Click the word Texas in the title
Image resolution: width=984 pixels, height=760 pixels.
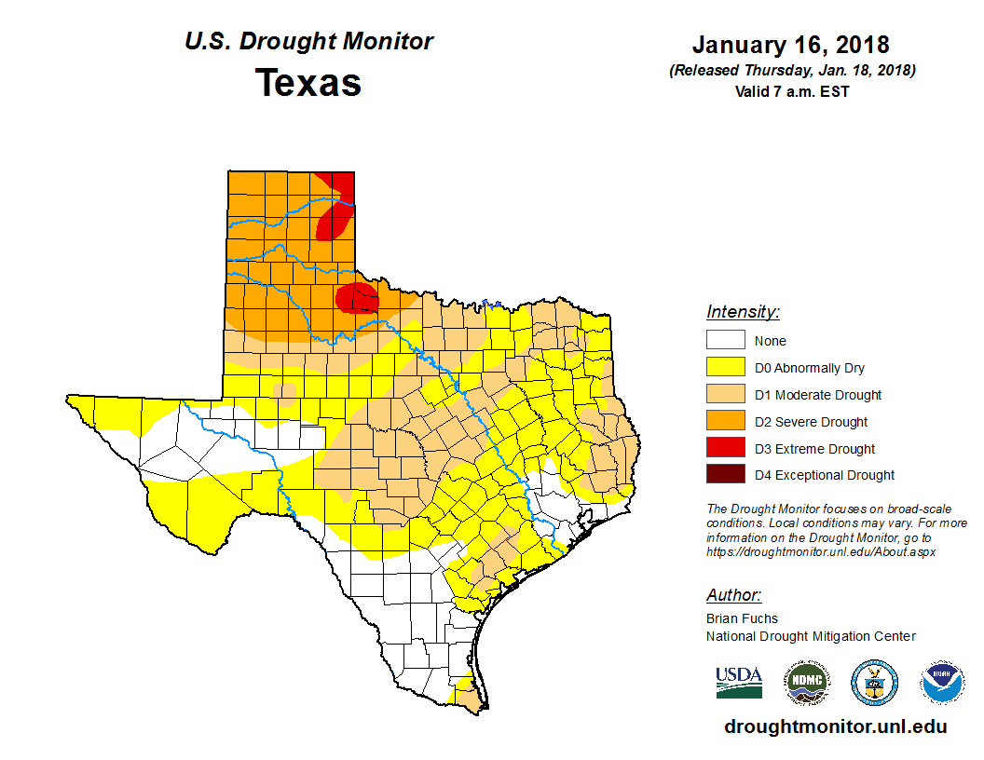click(308, 82)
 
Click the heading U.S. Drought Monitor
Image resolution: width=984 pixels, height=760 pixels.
click(308, 42)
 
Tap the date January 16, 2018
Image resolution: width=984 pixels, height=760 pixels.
click(790, 45)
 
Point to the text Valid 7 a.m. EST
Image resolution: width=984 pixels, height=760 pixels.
click(791, 90)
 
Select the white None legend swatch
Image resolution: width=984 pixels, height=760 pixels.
click(725, 341)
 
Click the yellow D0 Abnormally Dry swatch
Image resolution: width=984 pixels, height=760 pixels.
click(725, 368)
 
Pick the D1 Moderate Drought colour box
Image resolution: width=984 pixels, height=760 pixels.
click(725, 395)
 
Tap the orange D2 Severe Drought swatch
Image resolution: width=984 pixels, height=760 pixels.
click(725, 422)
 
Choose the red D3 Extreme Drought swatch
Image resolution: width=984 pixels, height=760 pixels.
click(725, 449)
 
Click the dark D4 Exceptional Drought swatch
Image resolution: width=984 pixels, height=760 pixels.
click(725, 475)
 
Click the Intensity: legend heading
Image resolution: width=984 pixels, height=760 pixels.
click(743, 312)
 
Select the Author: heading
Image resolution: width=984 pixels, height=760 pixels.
click(733, 595)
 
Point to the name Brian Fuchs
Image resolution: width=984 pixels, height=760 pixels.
click(742, 618)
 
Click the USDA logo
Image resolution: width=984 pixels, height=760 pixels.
click(739, 682)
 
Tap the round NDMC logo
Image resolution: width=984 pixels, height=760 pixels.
click(806, 683)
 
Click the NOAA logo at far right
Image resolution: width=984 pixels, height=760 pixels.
click(942, 683)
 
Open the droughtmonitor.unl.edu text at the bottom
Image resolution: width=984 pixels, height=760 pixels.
click(835, 727)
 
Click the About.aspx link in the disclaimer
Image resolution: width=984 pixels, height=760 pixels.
click(820, 551)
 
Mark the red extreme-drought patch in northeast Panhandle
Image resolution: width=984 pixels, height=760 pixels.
click(336, 216)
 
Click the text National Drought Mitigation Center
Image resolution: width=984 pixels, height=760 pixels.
click(811, 636)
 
